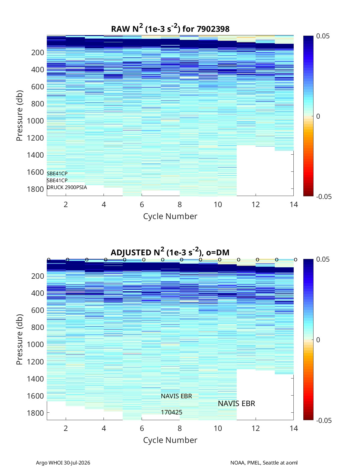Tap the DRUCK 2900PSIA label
(67, 187)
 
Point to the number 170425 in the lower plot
(172, 412)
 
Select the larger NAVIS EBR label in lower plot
(236, 404)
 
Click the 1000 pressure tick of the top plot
(35, 121)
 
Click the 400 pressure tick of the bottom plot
(38, 293)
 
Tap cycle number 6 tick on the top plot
(142, 204)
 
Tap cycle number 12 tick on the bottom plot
(256, 428)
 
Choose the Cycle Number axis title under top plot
(170, 216)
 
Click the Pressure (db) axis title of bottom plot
(19, 340)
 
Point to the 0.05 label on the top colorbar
(323, 36)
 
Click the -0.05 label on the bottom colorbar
(324, 420)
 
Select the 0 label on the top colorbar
(318, 116)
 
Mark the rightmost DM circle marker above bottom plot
(296, 260)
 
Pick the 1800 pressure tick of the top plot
(35, 189)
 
